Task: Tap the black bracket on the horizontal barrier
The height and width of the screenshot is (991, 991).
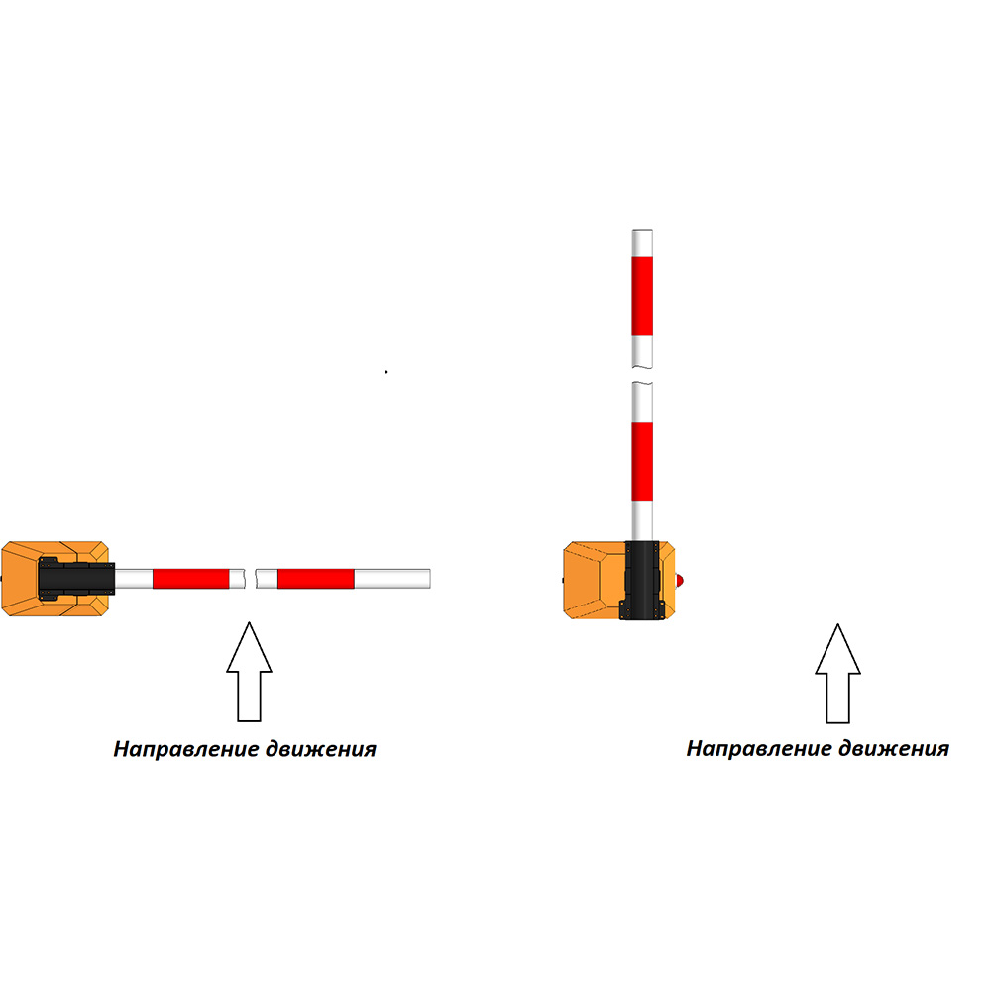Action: (74, 579)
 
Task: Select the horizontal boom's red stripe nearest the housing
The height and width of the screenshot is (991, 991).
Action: (190, 579)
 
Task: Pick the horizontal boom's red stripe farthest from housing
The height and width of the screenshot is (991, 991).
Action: (315, 579)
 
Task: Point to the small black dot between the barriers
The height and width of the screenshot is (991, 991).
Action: (386, 372)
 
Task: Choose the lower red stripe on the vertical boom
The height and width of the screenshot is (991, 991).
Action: (642, 462)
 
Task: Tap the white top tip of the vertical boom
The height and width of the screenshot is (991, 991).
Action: (642, 242)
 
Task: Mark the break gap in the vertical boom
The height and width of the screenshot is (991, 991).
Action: (642, 375)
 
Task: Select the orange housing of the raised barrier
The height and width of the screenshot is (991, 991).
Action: (592, 580)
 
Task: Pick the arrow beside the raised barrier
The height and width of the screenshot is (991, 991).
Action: (837, 674)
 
